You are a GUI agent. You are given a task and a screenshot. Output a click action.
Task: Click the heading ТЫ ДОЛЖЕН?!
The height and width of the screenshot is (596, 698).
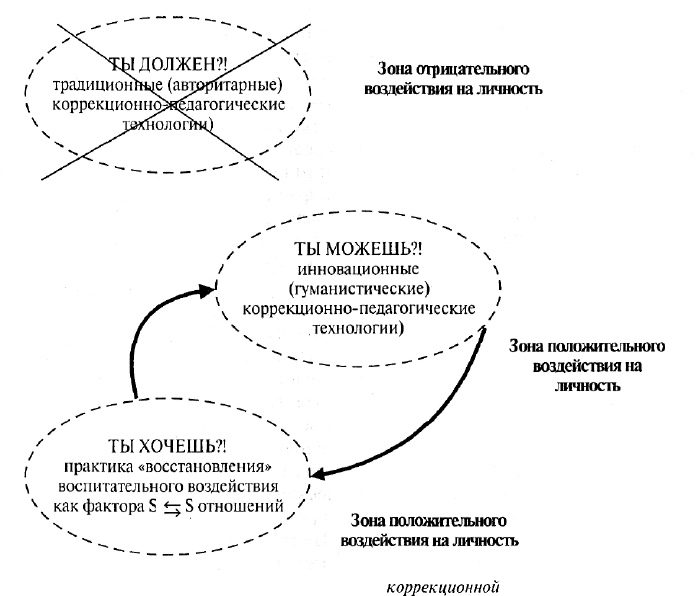(x=168, y=65)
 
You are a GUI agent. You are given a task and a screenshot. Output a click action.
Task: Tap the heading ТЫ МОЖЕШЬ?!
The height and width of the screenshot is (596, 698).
(x=357, y=249)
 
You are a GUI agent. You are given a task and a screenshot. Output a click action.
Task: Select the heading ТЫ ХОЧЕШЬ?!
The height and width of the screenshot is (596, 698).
(x=167, y=446)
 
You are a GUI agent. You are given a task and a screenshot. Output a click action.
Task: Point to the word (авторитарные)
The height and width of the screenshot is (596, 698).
(x=225, y=85)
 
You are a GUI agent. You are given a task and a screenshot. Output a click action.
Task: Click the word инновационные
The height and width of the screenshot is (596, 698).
(x=358, y=270)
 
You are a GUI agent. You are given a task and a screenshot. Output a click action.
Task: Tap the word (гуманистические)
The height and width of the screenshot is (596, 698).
(x=359, y=289)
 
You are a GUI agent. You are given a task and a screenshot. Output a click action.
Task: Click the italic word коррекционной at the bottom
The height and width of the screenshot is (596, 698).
(x=443, y=587)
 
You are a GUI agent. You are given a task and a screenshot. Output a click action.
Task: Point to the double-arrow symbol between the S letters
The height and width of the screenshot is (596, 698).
(x=172, y=508)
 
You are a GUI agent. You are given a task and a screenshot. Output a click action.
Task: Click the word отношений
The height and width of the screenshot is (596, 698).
(x=240, y=507)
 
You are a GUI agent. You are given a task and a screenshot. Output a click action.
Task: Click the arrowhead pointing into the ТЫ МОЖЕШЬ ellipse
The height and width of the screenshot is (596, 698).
(x=207, y=290)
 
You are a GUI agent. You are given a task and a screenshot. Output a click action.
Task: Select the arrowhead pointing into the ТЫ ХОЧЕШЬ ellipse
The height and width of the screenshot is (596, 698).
(x=318, y=474)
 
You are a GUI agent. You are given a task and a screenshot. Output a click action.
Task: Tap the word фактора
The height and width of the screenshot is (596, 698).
(x=114, y=507)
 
